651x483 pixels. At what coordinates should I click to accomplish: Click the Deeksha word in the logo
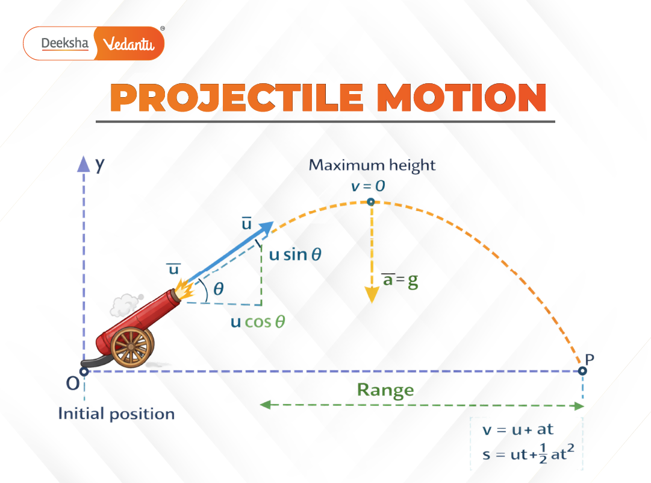click(x=64, y=43)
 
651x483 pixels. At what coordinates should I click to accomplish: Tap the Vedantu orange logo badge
click(x=130, y=44)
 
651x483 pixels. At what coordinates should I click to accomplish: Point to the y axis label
click(x=99, y=163)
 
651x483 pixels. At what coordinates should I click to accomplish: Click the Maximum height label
click(x=372, y=165)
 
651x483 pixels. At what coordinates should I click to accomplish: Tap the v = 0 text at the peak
click(x=368, y=185)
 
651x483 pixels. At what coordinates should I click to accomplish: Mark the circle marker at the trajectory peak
click(x=371, y=203)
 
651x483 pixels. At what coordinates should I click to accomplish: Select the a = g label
click(x=399, y=280)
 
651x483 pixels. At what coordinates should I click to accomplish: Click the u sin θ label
click(x=295, y=254)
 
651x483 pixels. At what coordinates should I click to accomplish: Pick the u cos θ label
click(x=258, y=321)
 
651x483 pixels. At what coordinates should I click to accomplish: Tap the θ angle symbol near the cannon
click(x=218, y=289)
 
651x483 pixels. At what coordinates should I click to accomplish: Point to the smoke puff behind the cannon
click(x=127, y=305)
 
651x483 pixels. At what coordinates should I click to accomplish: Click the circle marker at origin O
click(x=84, y=371)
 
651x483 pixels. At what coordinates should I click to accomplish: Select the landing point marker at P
click(x=582, y=371)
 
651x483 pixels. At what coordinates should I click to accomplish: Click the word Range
click(x=385, y=390)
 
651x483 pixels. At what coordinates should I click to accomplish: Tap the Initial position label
click(x=116, y=414)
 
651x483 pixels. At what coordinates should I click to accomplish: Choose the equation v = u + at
click(x=518, y=430)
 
